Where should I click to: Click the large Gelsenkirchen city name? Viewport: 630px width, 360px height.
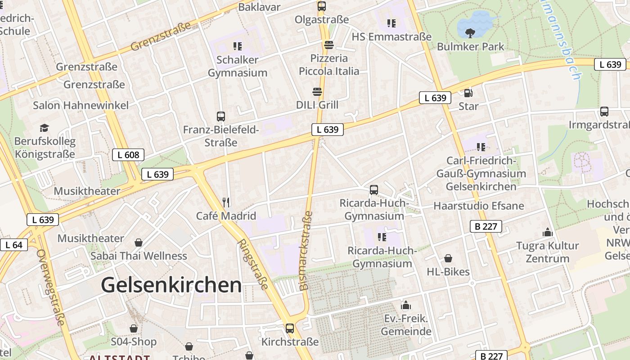tap(171, 285)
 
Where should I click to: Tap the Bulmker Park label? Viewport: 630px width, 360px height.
tap(471, 46)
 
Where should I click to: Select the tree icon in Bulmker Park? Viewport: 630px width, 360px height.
tap(470, 33)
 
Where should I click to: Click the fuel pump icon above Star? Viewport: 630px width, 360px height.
tap(468, 93)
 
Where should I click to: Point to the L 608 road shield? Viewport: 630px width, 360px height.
tap(128, 155)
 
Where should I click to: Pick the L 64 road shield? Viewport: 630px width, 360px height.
tap(14, 245)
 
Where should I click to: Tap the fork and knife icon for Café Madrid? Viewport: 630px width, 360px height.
tap(226, 202)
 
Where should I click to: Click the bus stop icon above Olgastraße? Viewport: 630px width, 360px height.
tap(321, 6)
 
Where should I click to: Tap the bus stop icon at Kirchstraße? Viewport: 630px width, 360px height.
tap(290, 328)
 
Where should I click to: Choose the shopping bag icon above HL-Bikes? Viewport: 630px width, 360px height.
tap(448, 258)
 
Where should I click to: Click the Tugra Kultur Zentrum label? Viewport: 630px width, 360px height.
tap(548, 252)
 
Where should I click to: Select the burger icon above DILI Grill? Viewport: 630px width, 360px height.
tap(317, 92)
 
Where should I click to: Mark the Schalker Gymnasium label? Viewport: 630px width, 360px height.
tap(237, 66)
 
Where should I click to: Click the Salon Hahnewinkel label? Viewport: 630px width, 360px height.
tap(81, 105)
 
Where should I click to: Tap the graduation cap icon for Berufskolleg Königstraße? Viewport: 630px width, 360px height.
tap(44, 128)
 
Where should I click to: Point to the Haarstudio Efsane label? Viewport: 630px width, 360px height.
tap(479, 206)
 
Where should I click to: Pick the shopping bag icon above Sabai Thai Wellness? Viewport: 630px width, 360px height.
tap(139, 243)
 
